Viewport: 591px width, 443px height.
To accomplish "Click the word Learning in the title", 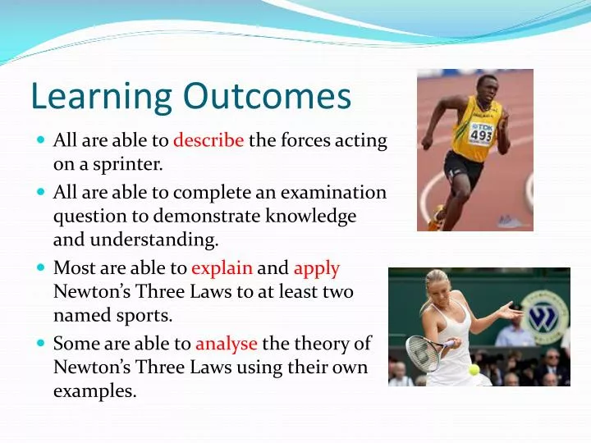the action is tap(102, 97).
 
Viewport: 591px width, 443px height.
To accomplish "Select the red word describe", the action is tap(208, 140).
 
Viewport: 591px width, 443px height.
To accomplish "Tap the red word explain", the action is tap(222, 269).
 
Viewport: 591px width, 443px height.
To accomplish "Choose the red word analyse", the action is tap(227, 344).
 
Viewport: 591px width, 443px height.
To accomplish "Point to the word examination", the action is tap(333, 192).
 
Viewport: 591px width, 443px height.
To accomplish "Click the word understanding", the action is tap(154, 240).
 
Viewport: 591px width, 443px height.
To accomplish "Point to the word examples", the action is tap(94, 391).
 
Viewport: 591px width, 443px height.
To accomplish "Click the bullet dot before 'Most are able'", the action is tap(41, 267).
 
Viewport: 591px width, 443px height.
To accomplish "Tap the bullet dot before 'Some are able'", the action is tap(41, 343).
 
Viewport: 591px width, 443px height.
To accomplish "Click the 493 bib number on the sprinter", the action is tap(481, 135).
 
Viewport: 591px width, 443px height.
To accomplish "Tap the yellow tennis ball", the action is tap(474, 369).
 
